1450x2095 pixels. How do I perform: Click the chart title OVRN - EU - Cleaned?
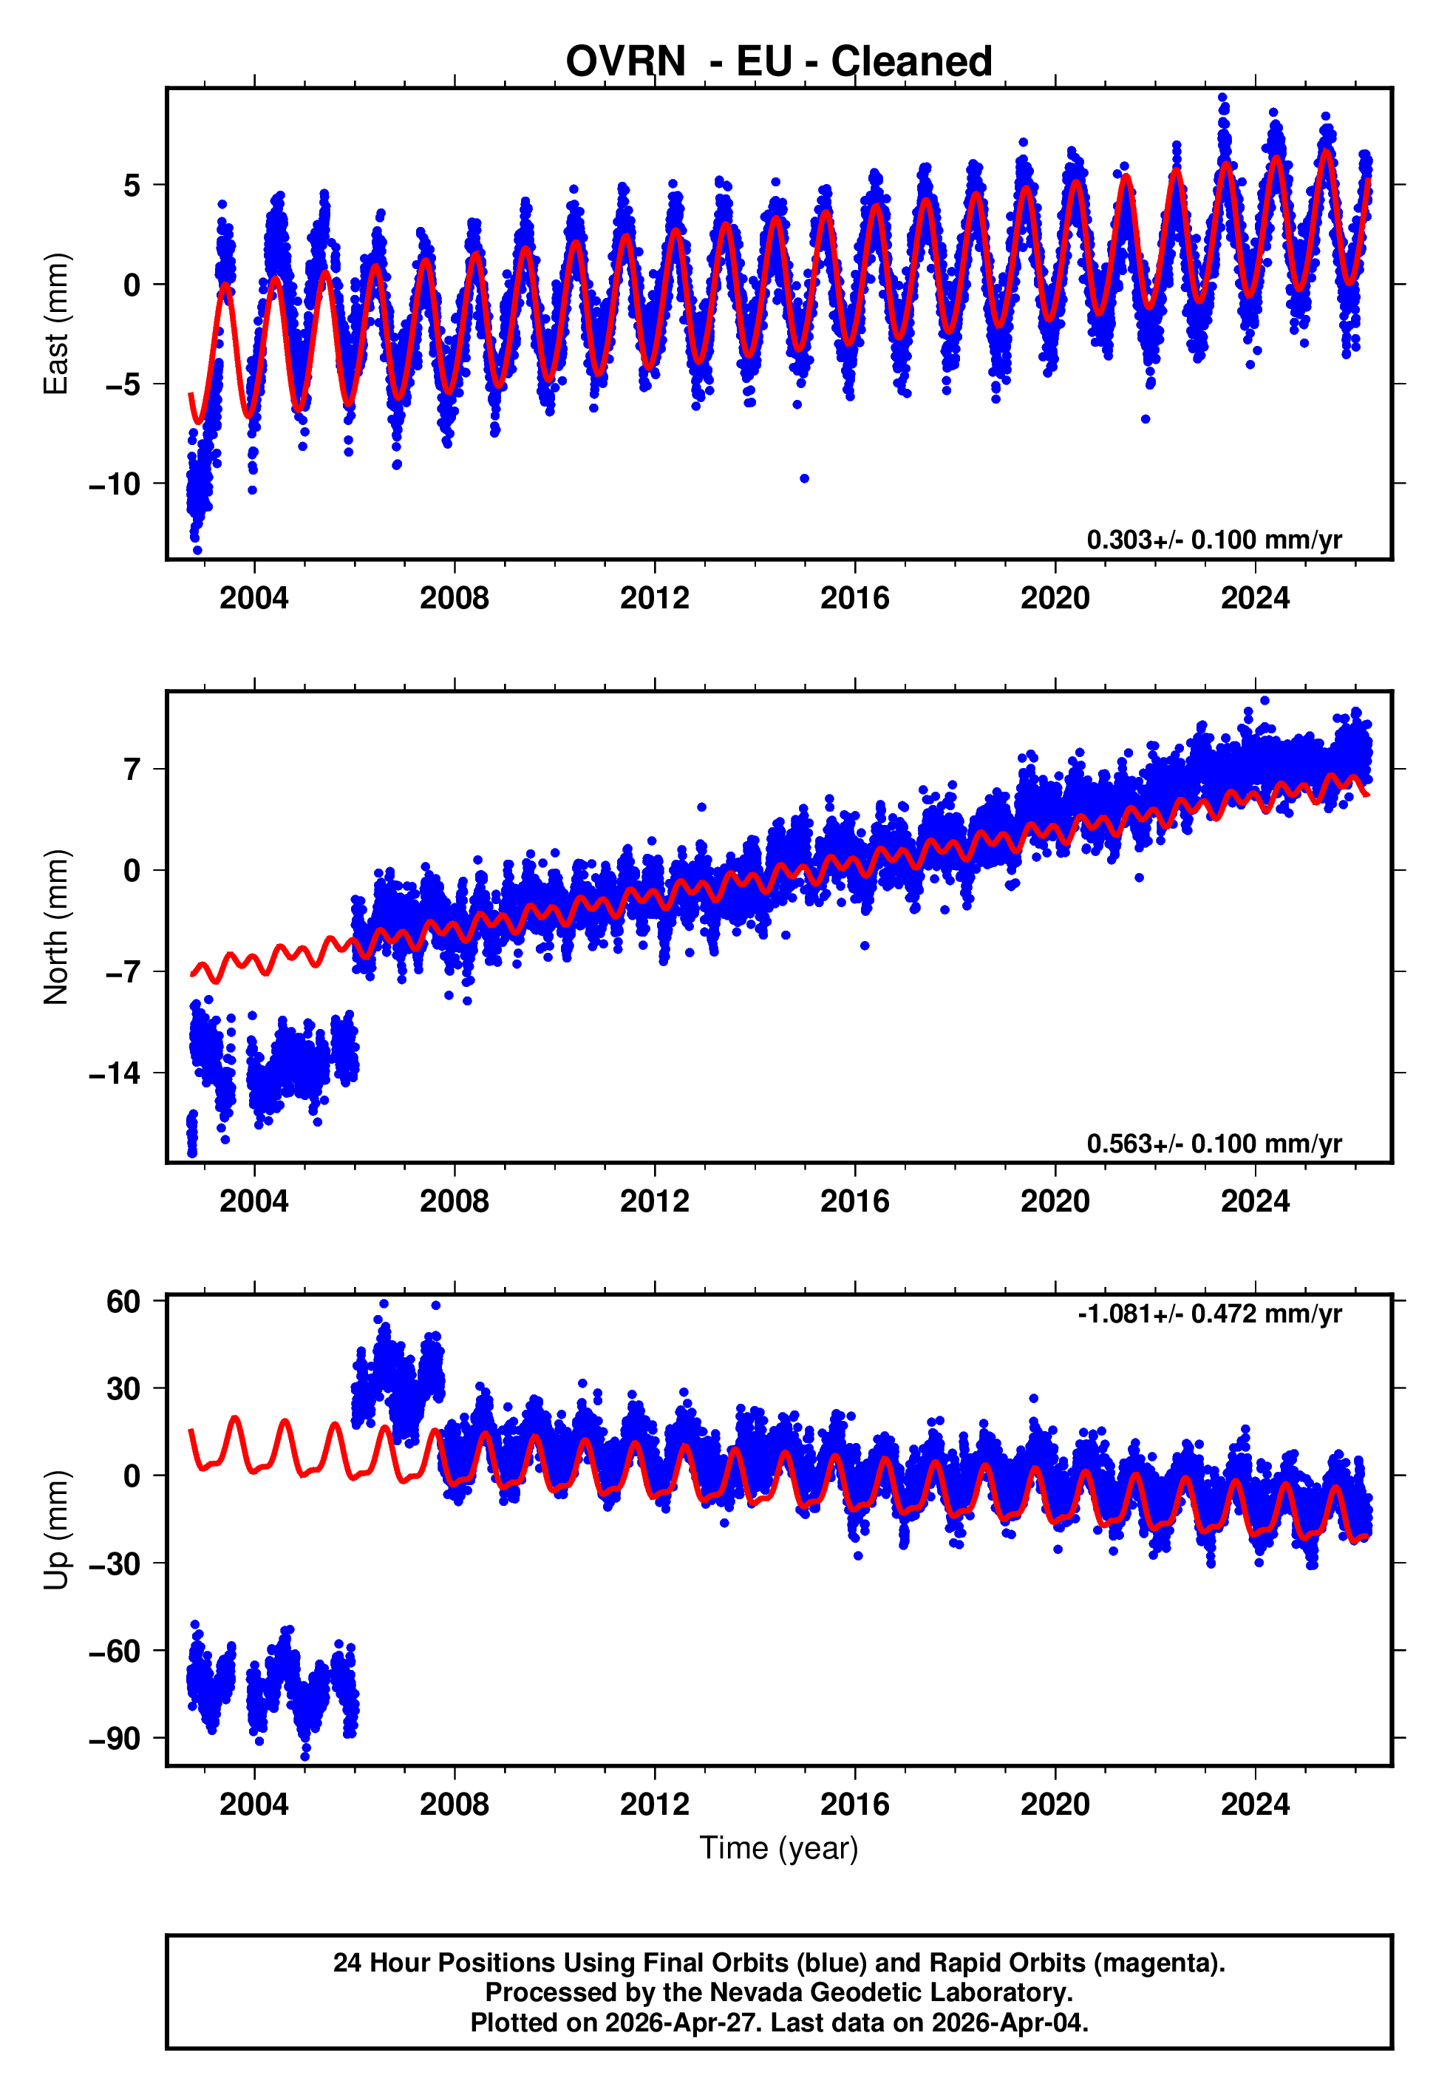(x=779, y=62)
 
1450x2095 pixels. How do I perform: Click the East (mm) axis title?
(x=56, y=325)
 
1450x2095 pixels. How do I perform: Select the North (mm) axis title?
(x=56, y=927)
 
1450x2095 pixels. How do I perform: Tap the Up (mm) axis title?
(x=56, y=1530)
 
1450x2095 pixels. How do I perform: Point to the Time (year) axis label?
(x=779, y=1848)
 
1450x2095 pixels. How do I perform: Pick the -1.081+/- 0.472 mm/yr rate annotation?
(x=1209, y=1314)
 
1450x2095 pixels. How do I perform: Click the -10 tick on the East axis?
(x=115, y=483)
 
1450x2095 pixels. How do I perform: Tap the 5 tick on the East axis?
(x=132, y=186)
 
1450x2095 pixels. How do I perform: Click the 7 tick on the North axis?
(x=132, y=770)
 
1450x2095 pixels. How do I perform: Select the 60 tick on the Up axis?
(x=123, y=1301)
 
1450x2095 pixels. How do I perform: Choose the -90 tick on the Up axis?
(x=115, y=1738)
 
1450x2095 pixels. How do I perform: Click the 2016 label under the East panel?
(x=854, y=598)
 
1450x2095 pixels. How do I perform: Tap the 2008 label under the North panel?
(x=455, y=1201)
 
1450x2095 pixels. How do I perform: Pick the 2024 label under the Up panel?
(x=1255, y=1804)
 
